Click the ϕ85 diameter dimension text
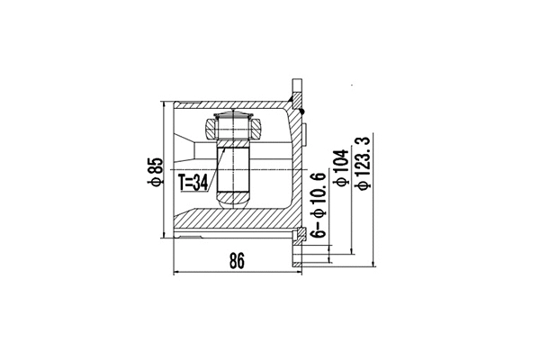tap(155, 171)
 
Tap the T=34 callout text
tap(193, 183)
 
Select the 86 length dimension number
tap(237, 262)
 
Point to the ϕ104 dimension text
tap(339, 167)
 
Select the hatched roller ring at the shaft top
tap(233, 126)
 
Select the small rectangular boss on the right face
tap(303, 136)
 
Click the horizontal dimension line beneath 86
tap(236, 272)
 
